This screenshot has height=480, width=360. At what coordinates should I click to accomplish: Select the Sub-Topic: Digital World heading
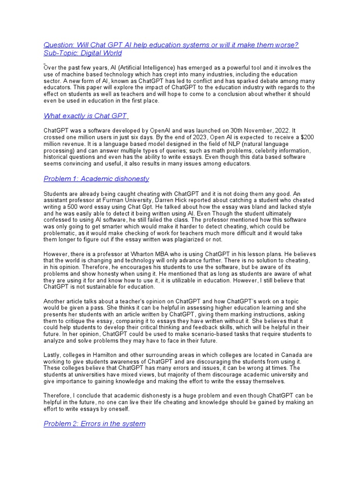[x=82, y=53]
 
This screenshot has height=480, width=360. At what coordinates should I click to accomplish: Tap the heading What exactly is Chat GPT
[x=86, y=116]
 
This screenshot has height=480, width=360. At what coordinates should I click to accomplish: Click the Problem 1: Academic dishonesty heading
[x=96, y=179]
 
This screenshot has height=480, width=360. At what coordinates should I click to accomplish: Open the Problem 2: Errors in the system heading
[x=94, y=424]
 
